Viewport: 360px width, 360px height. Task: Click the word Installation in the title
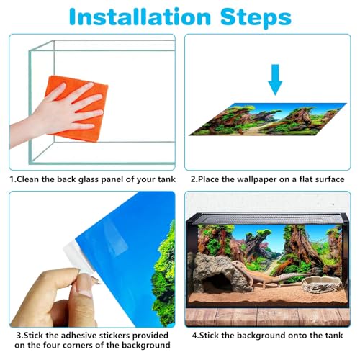[140, 17]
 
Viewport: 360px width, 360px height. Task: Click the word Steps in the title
[256, 17]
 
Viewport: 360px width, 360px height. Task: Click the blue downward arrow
[275, 80]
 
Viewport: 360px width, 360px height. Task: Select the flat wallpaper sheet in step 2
[268, 120]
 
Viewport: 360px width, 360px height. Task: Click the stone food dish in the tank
[322, 285]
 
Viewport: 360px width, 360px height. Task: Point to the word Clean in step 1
[27, 179]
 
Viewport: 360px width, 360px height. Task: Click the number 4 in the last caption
[194, 336]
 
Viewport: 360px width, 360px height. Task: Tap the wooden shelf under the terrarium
[268, 317]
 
